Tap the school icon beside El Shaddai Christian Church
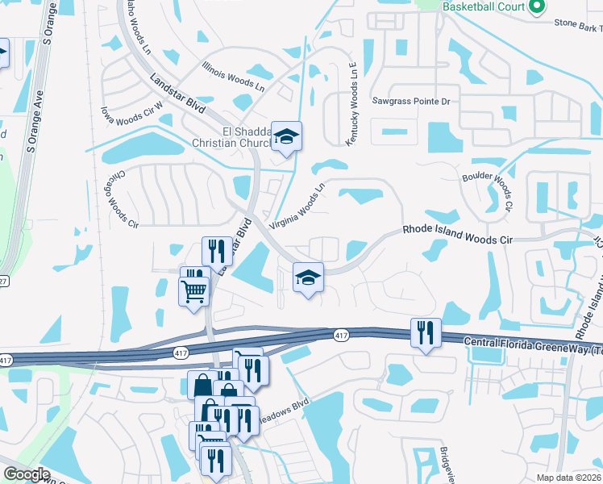(x=285, y=136)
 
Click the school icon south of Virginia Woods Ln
(x=307, y=278)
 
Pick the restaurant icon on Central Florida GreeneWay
(x=426, y=332)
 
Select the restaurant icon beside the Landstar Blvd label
(x=215, y=251)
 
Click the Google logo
(x=27, y=474)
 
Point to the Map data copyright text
(x=569, y=478)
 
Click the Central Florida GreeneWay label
(x=532, y=344)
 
